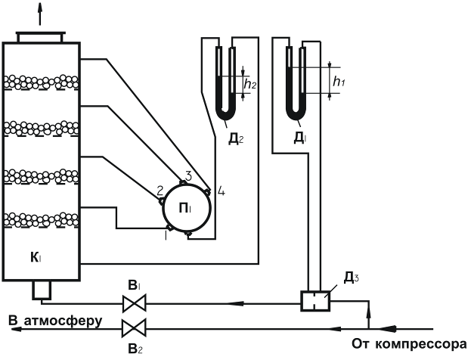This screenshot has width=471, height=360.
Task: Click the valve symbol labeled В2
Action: coord(134,328)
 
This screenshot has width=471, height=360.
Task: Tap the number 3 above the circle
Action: coord(187,175)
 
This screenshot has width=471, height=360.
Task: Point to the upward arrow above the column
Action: coord(39,13)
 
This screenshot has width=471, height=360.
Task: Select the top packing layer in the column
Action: coord(42,81)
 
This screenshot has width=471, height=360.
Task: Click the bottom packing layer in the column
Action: coord(42,220)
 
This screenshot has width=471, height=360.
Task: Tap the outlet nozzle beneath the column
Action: coord(40,290)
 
